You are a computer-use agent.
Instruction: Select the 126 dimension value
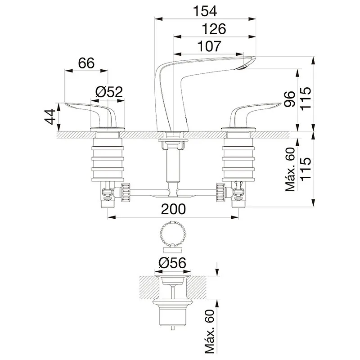click(214, 29)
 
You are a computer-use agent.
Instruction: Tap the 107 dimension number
click(209, 46)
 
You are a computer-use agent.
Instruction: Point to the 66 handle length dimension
click(86, 63)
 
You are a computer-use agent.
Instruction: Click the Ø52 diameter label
click(109, 92)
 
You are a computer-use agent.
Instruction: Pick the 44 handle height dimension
click(50, 117)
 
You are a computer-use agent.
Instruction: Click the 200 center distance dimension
click(173, 209)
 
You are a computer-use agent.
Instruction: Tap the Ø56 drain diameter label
click(172, 263)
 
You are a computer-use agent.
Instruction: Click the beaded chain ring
click(173, 234)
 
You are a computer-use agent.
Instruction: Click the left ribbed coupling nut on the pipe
click(126, 192)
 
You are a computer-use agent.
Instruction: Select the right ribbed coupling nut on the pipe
click(220, 192)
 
